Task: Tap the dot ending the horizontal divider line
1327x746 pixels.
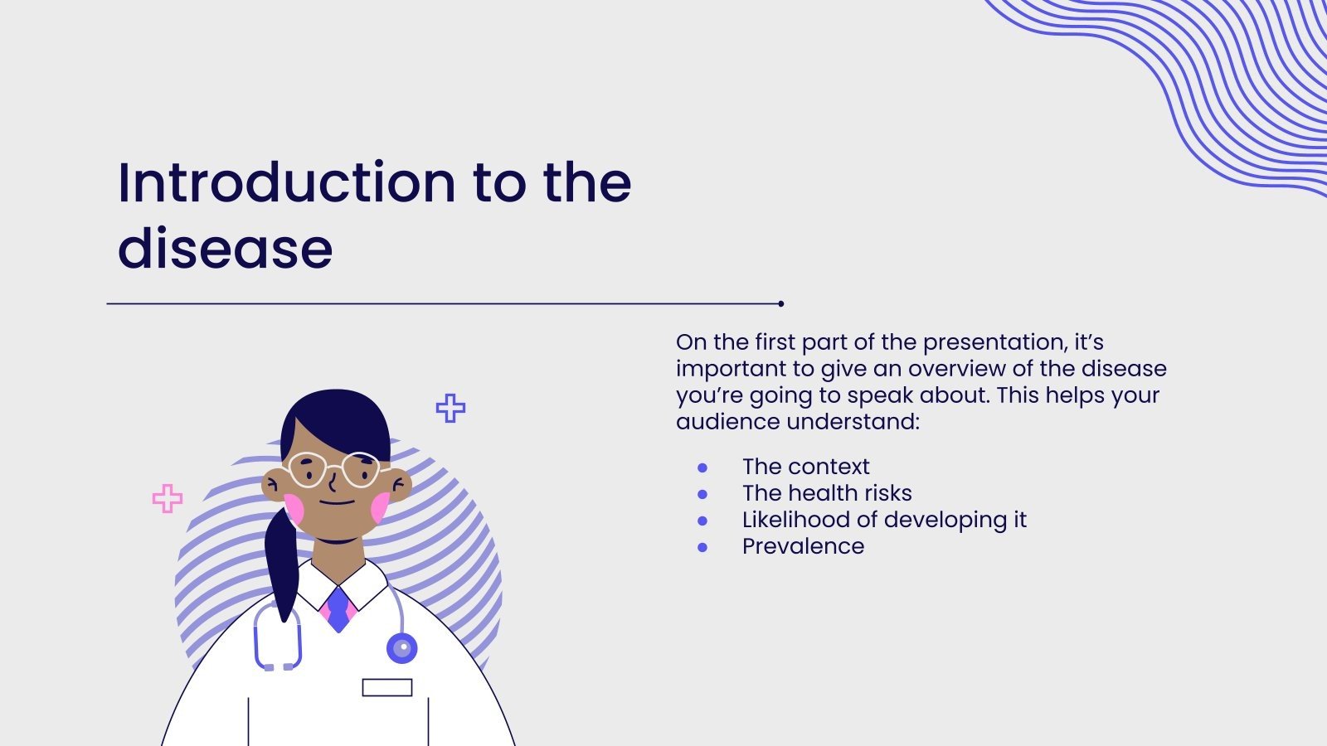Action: (780, 303)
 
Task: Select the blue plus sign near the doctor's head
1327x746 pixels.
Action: (451, 408)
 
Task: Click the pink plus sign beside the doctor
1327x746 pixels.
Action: (168, 498)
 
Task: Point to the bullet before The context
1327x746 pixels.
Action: (702, 467)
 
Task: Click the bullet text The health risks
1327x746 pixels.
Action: (827, 493)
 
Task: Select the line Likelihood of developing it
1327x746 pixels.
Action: (884, 520)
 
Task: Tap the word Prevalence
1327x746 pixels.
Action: (804, 546)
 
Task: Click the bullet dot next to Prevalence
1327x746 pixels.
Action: (702, 548)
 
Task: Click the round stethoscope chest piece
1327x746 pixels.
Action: (401, 648)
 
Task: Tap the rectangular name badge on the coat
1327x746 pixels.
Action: (386, 687)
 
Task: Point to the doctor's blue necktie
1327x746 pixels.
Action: (338, 609)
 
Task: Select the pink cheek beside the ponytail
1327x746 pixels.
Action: (294, 509)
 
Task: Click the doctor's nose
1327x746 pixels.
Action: (333, 484)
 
